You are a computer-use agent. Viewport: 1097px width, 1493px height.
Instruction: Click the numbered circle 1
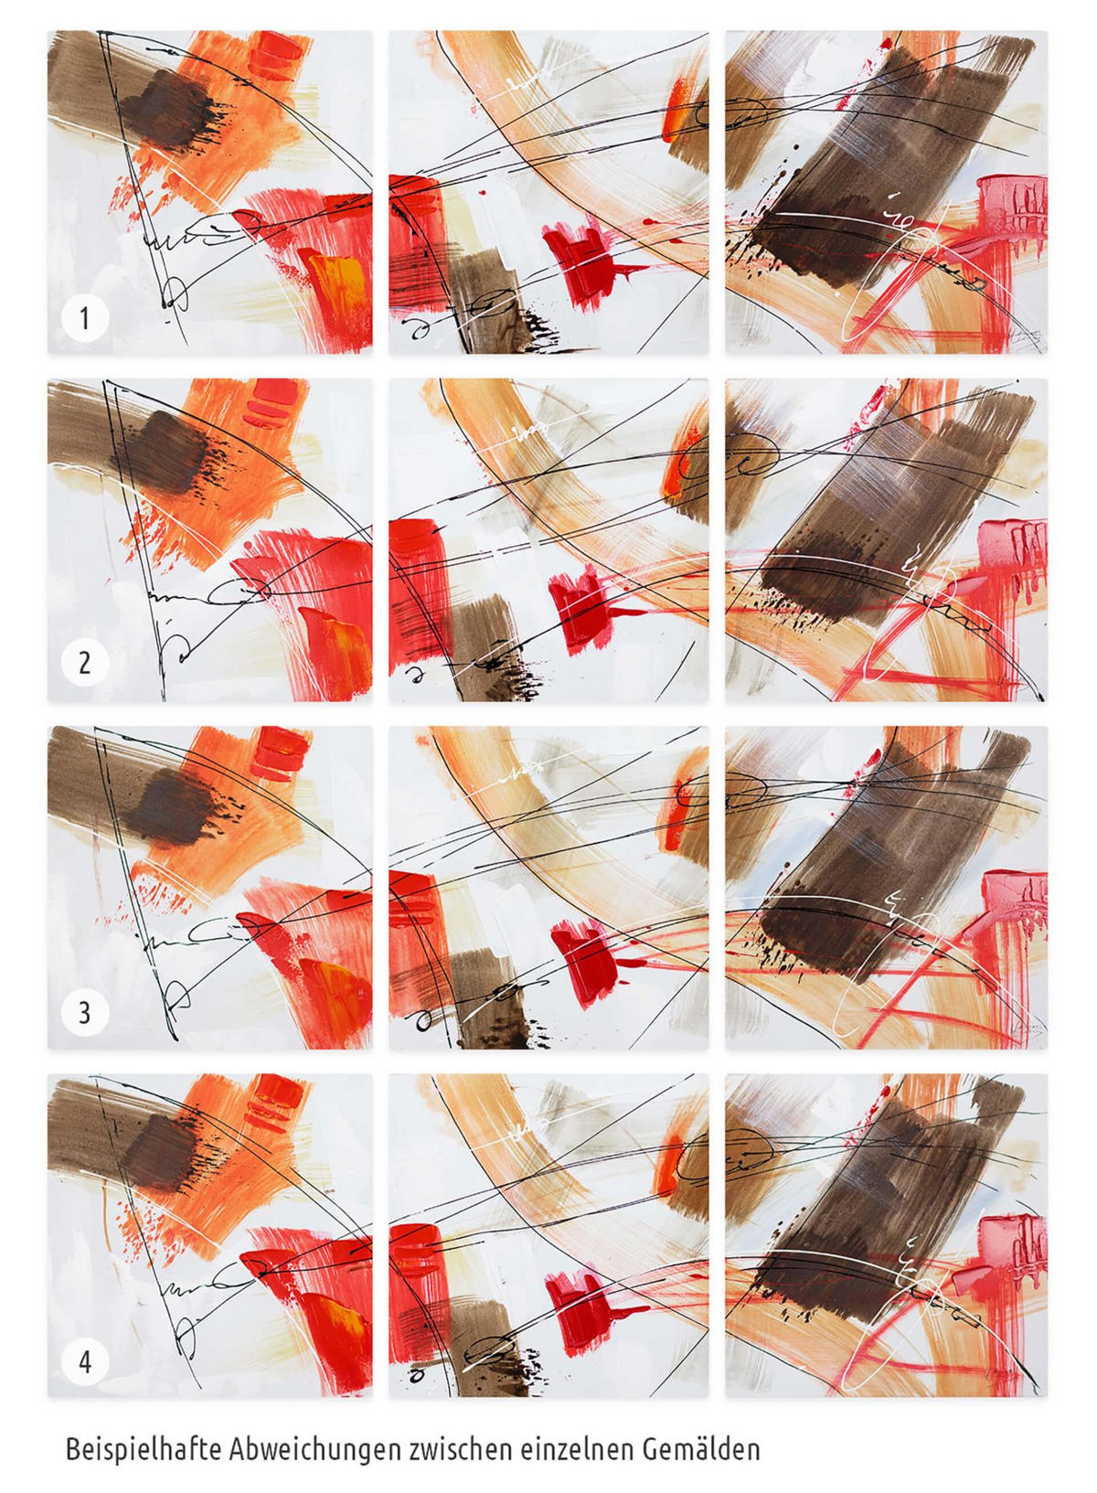click(x=84, y=318)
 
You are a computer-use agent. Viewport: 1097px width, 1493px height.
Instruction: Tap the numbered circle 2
click(x=84, y=664)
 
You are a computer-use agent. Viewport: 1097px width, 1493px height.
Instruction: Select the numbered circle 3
click(x=84, y=1012)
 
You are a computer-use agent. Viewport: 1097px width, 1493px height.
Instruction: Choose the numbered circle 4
click(x=84, y=1358)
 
